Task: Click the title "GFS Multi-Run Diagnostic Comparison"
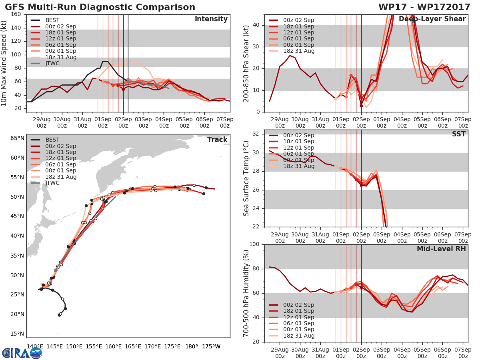coord(100,7)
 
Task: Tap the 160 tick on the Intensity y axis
coord(16,14)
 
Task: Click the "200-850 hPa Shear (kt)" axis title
coord(246,63)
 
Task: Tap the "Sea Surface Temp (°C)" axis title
coord(246,179)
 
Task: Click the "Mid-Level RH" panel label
coord(441,249)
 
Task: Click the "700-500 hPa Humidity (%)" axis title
coord(246,293)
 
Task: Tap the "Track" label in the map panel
coord(217,140)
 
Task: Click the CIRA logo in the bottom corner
coord(22,353)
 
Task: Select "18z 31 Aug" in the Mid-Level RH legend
coord(298,336)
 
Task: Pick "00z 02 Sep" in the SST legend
coord(298,135)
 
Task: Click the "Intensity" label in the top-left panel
coord(211,19)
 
